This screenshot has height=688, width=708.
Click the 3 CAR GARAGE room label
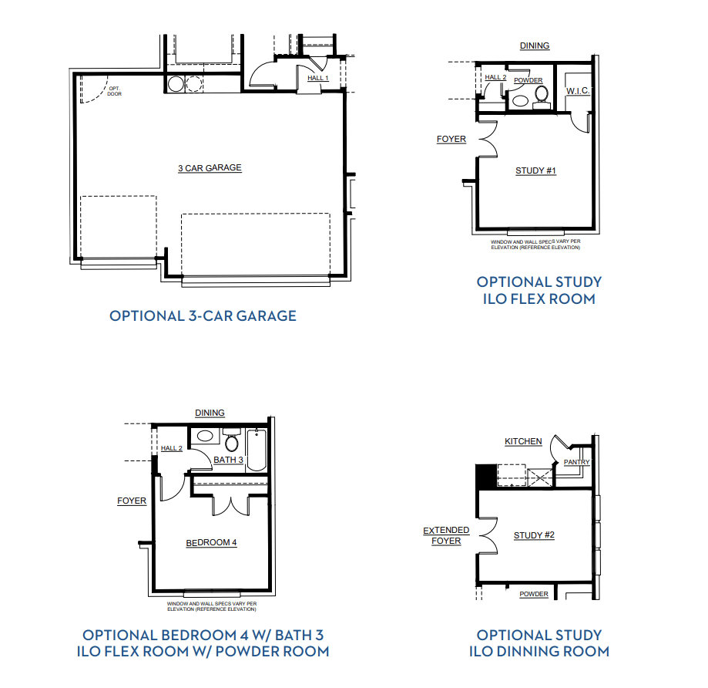tap(210, 168)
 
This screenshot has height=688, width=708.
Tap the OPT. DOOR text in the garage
tap(115, 91)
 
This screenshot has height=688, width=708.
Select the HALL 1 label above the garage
tap(318, 78)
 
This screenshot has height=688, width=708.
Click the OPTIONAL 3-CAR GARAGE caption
tap(203, 315)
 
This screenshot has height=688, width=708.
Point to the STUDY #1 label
tap(535, 171)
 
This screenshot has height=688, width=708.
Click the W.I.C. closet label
tap(578, 91)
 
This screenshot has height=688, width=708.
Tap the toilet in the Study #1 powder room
tap(542, 98)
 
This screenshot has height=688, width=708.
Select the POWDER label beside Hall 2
tap(528, 80)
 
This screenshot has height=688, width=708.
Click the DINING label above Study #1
tap(535, 46)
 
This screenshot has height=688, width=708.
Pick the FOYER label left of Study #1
tap(451, 140)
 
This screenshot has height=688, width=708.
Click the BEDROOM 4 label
tap(211, 542)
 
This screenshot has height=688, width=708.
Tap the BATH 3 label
tap(228, 460)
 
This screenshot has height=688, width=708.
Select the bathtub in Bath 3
tap(257, 450)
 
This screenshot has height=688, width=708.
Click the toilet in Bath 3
tap(232, 440)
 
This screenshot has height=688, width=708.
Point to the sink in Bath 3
tap(205, 436)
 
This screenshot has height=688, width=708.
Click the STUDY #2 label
tap(534, 535)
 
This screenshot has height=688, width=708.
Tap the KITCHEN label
tap(523, 441)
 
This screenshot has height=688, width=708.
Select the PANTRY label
tap(576, 462)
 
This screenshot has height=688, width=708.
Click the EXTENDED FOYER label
tap(446, 535)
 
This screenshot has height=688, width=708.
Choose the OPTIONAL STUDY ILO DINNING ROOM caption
tap(539, 643)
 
